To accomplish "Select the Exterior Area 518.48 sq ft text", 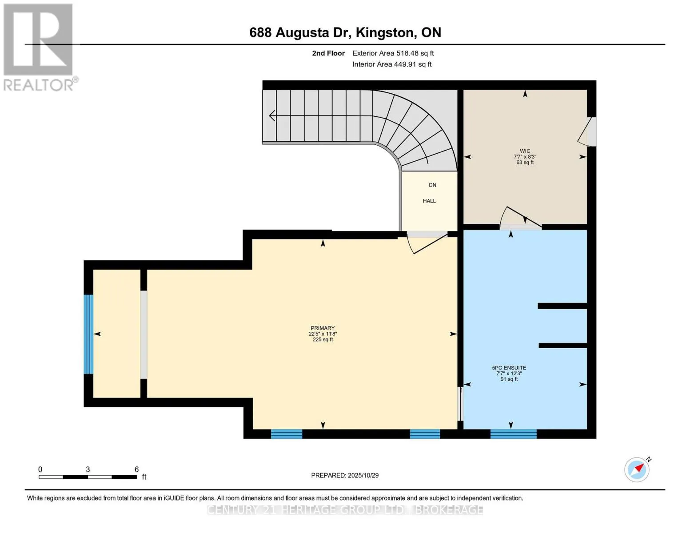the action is [x=393, y=53].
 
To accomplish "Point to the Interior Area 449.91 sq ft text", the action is [x=392, y=64].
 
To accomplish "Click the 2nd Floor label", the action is [x=328, y=53].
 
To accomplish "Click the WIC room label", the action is [x=525, y=151].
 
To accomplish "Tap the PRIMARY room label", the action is [x=323, y=328].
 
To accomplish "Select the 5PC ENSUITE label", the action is [x=509, y=368].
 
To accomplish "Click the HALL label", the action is [x=429, y=201].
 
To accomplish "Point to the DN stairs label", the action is [x=432, y=185].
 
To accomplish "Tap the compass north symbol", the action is [x=637, y=470].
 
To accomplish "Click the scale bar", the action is [x=88, y=477].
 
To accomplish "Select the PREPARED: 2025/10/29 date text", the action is [x=345, y=475].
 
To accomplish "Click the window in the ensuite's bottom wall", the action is [x=514, y=434].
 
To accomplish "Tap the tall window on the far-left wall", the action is [x=88, y=334].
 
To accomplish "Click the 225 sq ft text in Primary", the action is [x=323, y=340].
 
